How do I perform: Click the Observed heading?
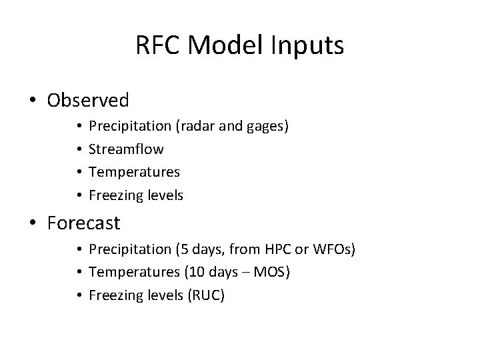pyautogui.click(x=88, y=101)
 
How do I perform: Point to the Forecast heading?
pyautogui.click(x=84, y=223)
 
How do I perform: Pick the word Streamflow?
pyautogui.click(x=126, y=149)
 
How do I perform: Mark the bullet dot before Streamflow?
pyautogui.click(x=79, y=149)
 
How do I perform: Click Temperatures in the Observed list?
pyautogui.click(x=134, y=172)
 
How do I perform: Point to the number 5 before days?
pyautogui.click(x=180, y=249)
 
